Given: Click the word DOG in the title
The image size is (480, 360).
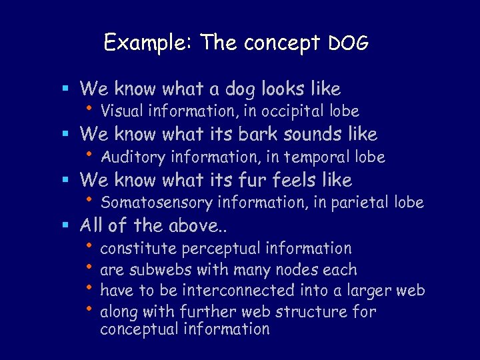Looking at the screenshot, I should (349, 44).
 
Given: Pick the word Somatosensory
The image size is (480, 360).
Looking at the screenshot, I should (159, 202).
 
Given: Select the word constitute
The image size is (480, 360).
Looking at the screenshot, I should (138, 249).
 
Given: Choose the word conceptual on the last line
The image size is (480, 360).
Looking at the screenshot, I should (139, 329).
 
